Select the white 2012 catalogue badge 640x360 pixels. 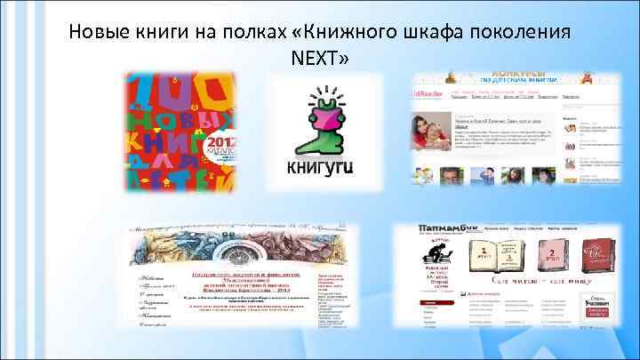[219, 147]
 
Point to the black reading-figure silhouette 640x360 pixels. [436, 257]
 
